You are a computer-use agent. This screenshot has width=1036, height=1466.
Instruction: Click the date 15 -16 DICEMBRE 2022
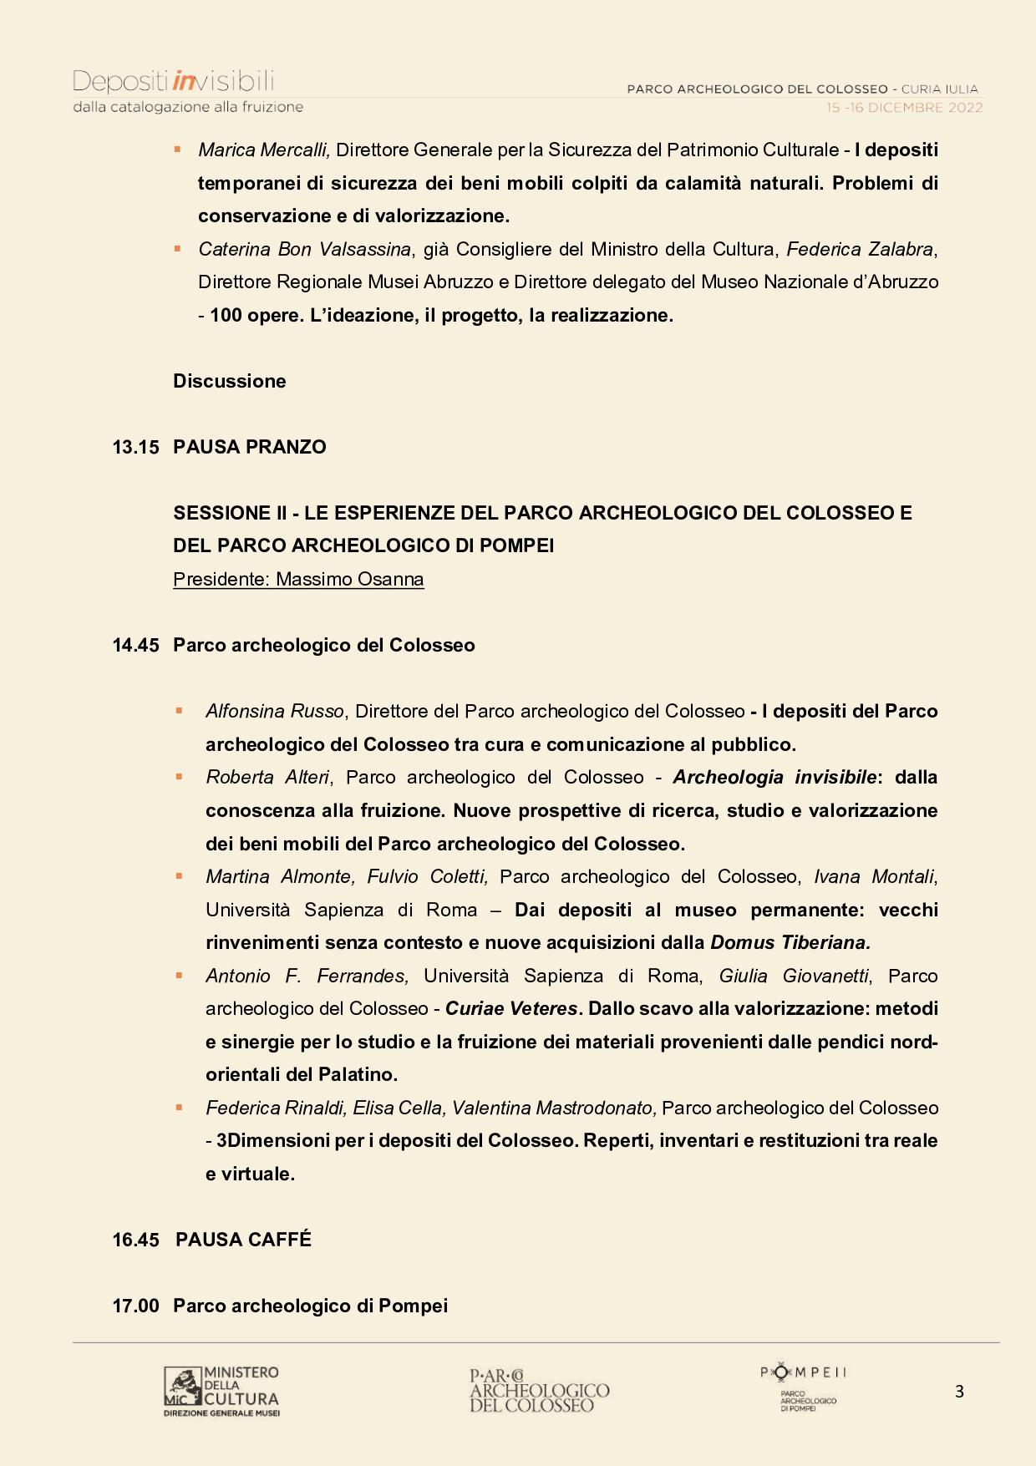(x=904, y=108)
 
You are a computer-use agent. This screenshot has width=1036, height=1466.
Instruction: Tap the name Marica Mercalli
(x=264, y=150)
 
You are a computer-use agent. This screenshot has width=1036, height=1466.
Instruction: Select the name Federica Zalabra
(x=860, y=249)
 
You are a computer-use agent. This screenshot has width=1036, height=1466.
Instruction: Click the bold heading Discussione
(x=230, y=381)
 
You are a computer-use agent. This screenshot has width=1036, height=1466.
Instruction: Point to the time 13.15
(x=135, y=447)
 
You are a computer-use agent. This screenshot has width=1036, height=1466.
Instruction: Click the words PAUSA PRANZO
(x=250, y=447)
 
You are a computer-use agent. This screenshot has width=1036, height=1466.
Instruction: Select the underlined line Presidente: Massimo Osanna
(x=298, y=579)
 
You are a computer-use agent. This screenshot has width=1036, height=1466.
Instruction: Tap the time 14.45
(x=135, y=645)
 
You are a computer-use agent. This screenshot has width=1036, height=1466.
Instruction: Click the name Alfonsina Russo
(x=275, y=711)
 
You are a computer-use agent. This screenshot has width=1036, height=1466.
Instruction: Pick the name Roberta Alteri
(x=267, y=777)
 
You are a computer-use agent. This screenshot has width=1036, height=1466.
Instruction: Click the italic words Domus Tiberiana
(x=790, y=942)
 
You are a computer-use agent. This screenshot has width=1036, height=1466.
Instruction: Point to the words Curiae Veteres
(x=511, y=1008)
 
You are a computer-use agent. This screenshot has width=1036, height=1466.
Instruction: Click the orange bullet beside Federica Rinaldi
(x=179, y=1108)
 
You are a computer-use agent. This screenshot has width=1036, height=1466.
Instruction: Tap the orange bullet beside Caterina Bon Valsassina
(x=177, y=249)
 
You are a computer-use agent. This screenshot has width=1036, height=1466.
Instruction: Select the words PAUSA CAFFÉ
(x=243, y=1240)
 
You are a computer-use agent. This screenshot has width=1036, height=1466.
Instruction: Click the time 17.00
(x=135, y=1306)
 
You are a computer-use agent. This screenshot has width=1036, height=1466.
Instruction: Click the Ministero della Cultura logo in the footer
(x=221, y=1391)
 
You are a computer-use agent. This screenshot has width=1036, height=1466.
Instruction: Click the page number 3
(x=959, y=1392)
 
